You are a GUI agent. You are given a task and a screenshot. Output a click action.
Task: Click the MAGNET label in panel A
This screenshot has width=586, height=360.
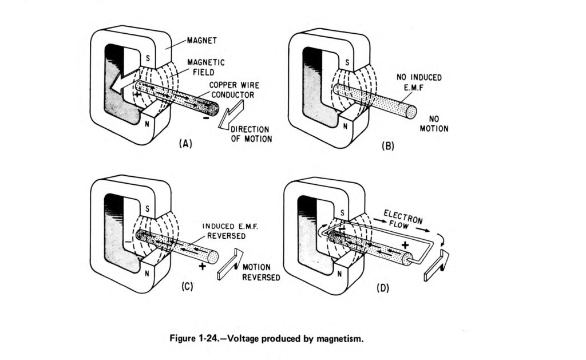click(x=202, y=41)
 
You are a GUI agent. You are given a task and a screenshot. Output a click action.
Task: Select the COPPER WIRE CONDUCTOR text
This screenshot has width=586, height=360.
click(x=234, y=90)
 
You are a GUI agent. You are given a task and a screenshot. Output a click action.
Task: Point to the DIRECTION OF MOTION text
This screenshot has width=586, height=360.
click(x=251, y=134)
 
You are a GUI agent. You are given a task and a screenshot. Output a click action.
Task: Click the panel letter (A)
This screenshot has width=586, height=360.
click(x=185, y=144)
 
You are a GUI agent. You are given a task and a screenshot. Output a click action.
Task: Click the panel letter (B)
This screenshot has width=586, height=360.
click(x=388, y=146)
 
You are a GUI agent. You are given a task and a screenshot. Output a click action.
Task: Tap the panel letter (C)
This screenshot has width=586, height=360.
click(x=187, y=286)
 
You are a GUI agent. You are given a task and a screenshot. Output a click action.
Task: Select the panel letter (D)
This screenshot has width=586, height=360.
click(x=383, y=288)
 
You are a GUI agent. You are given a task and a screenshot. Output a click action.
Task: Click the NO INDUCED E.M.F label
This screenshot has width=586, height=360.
click(x=419, y=82)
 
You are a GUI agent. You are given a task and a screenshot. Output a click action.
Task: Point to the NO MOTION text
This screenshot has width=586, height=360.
click(x=434, y=124)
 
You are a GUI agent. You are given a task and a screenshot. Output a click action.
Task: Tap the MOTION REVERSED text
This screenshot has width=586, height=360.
click(x=261, y=272)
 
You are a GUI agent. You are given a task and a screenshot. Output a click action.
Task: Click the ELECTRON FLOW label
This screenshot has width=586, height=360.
click(x=402, y=219)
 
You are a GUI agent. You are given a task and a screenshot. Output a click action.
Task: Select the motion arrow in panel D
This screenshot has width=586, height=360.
click(x=437, y=266)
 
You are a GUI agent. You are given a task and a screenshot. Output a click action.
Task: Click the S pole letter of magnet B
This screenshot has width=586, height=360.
click(x=347, y=62)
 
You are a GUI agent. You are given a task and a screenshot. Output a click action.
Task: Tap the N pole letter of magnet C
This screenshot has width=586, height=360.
click(x=147, y=274)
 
